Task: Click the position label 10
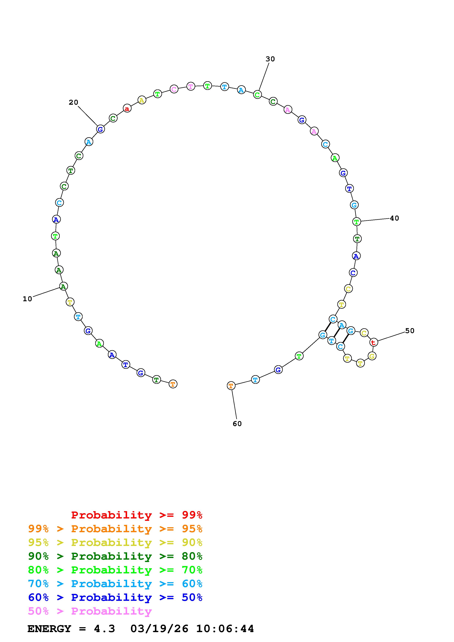coord(27,299)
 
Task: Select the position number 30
coord(270,59)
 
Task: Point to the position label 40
coord(394,218)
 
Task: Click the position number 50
coord(410,331)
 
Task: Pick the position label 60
coord(237,424)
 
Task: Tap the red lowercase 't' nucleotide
coord(373,342)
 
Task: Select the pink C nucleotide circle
coord(174,89)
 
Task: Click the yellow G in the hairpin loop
coord(372,356)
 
